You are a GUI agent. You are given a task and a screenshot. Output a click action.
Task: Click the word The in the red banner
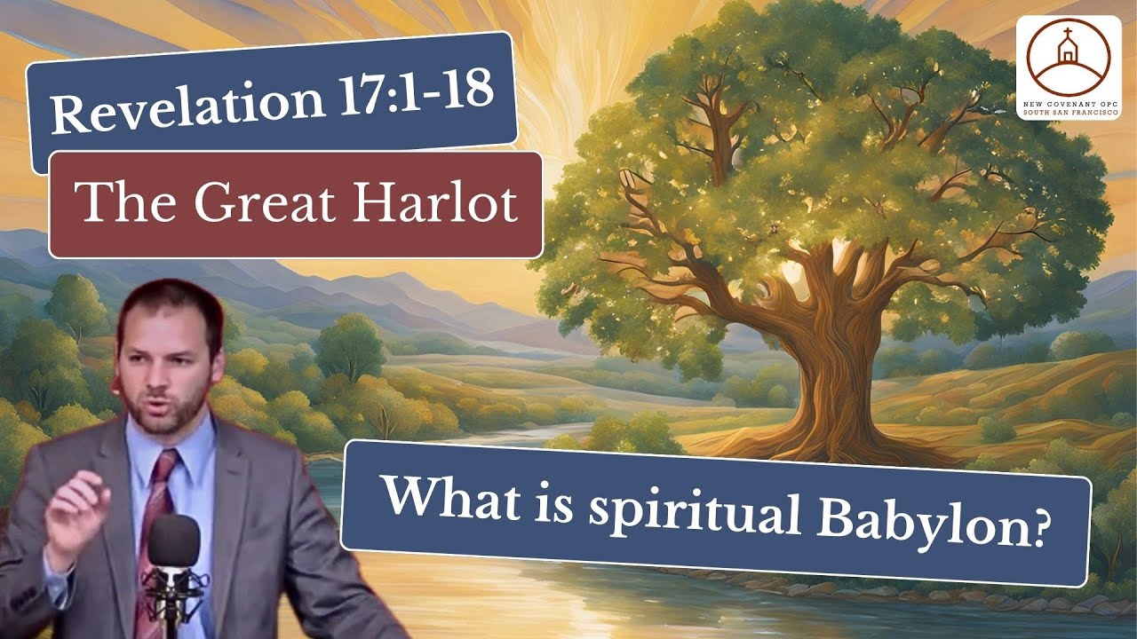click(x=115, y=204)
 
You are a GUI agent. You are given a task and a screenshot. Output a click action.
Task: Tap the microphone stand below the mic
click(x=171, y=612)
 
